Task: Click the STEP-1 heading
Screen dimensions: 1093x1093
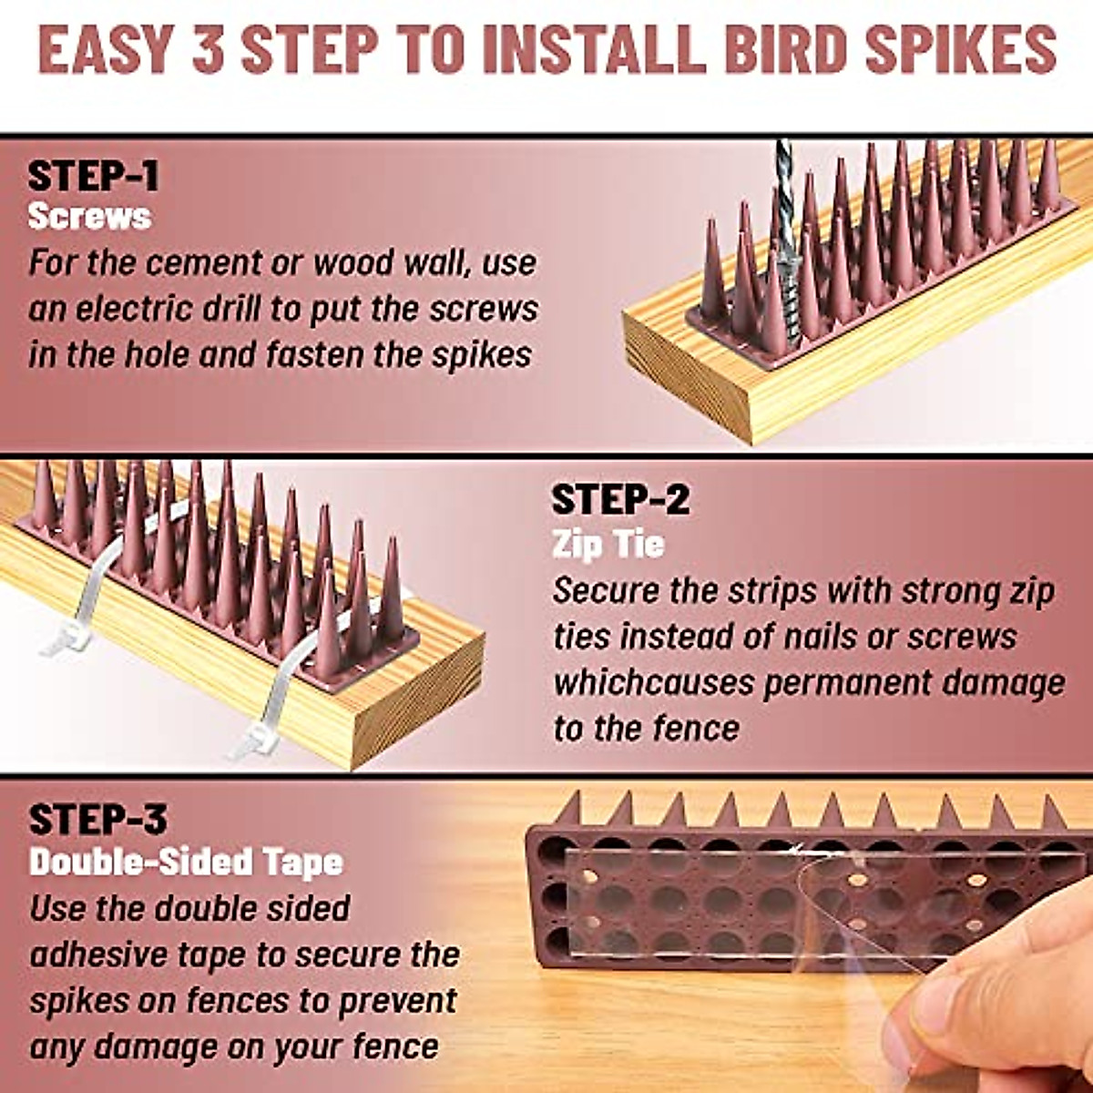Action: pyautogui.click(x=93, y=176)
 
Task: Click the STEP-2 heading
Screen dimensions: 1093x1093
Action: pyautogui.click(x=621, y=500)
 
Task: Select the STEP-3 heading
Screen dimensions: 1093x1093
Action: pyautogui.click(x=97, y=819)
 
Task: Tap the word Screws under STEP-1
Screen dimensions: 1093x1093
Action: pyautogui.click(x=89, y=217)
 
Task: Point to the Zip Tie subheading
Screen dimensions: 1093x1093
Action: pyautogui.click(x=608, y=545)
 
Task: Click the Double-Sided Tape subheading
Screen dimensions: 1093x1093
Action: pyautogui.click(x=186, y=862)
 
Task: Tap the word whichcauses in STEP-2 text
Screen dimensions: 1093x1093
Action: pyautogui.click(x=652, y=683)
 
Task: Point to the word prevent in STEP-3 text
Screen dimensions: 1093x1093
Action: pyautogui.click(x=397, y=1000)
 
